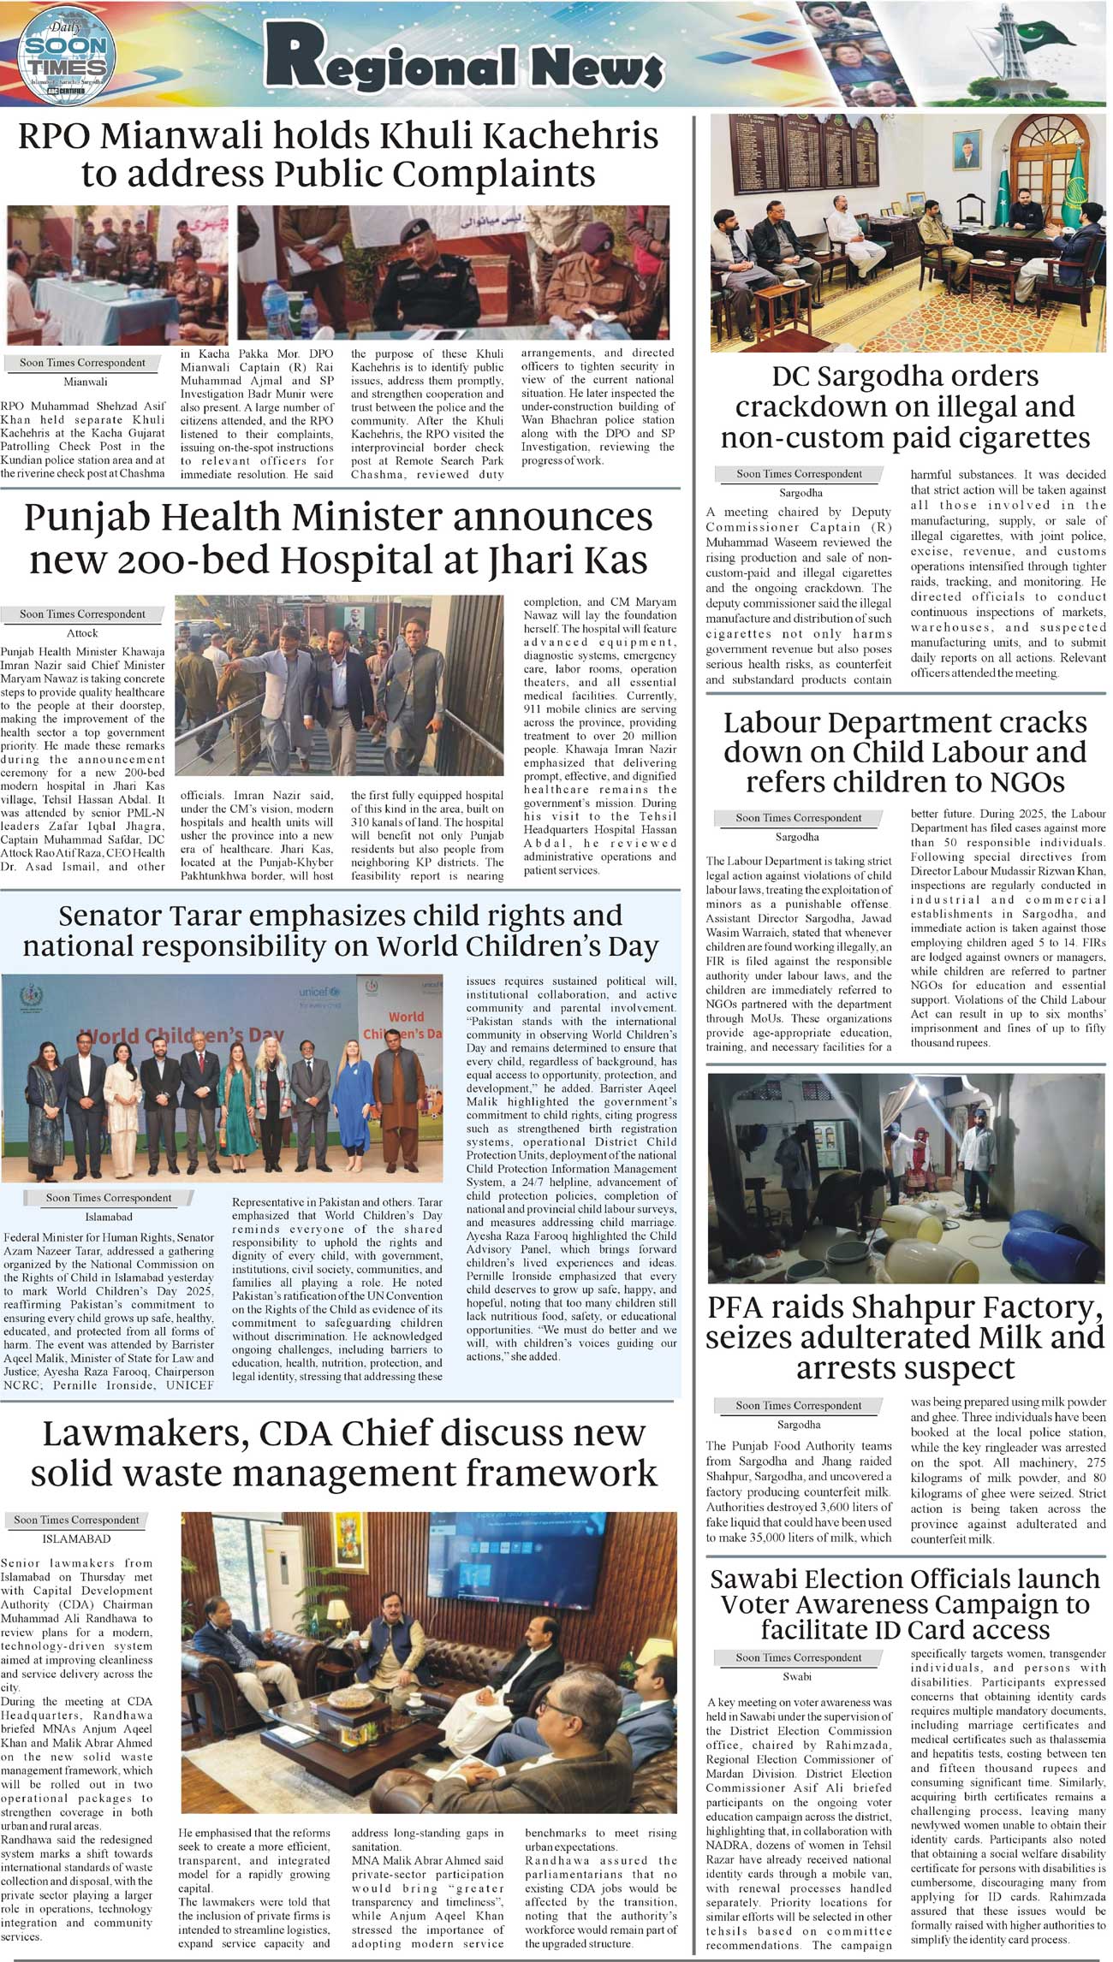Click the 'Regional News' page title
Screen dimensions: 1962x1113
[x=463, y=61]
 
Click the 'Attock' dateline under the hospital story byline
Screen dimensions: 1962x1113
[x=82, y=633]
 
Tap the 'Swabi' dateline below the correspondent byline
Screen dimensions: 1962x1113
[x=797, y=1676]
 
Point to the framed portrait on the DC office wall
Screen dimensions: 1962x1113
[x=967, y=151]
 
